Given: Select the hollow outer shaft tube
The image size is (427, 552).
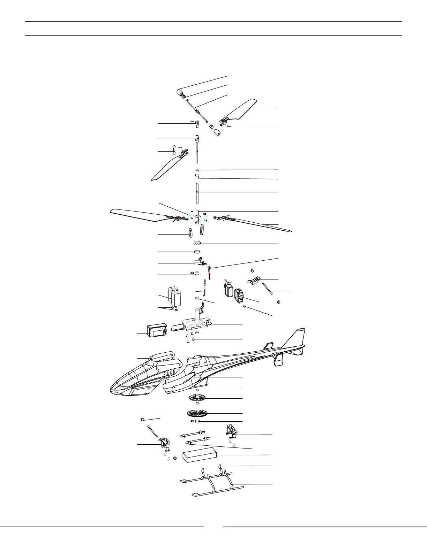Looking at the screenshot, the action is coord(197,193).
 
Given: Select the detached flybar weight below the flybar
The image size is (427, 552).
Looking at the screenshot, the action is coord(217,132).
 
